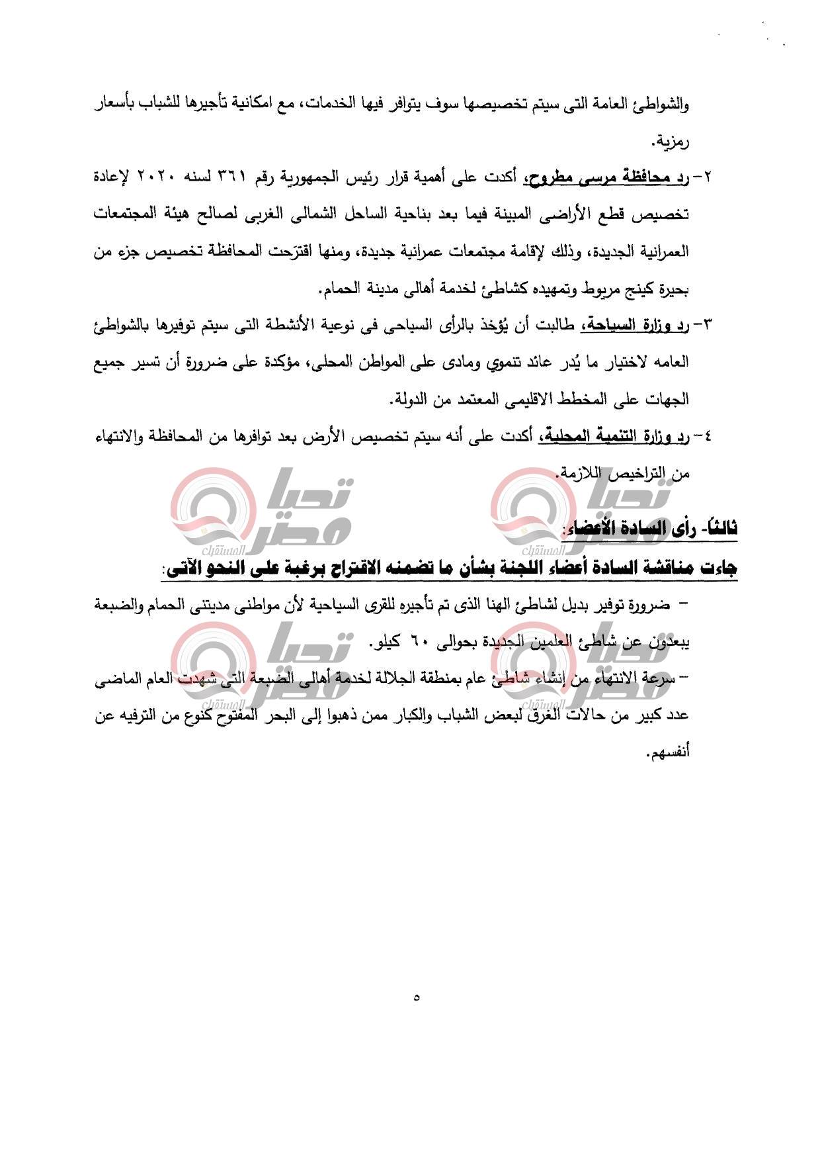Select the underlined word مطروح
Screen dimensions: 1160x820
click(x=550, y=177)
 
